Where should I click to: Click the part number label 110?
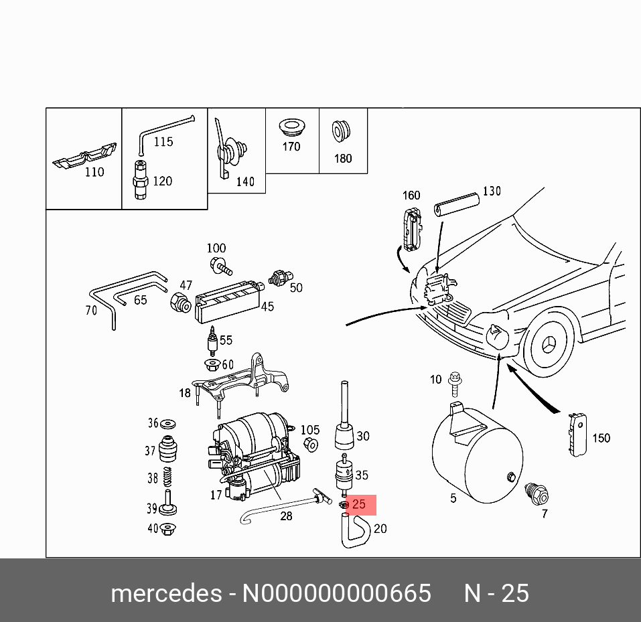[x=94, y=172]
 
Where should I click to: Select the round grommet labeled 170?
[x=291, y=127]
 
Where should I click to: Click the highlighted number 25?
[x=359, y=504]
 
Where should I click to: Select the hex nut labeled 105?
[x=310, y=445]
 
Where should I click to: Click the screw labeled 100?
[x=220, y=266]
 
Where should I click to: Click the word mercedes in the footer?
[x=166, y=593]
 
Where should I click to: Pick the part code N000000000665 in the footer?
[x=336, y=593]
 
